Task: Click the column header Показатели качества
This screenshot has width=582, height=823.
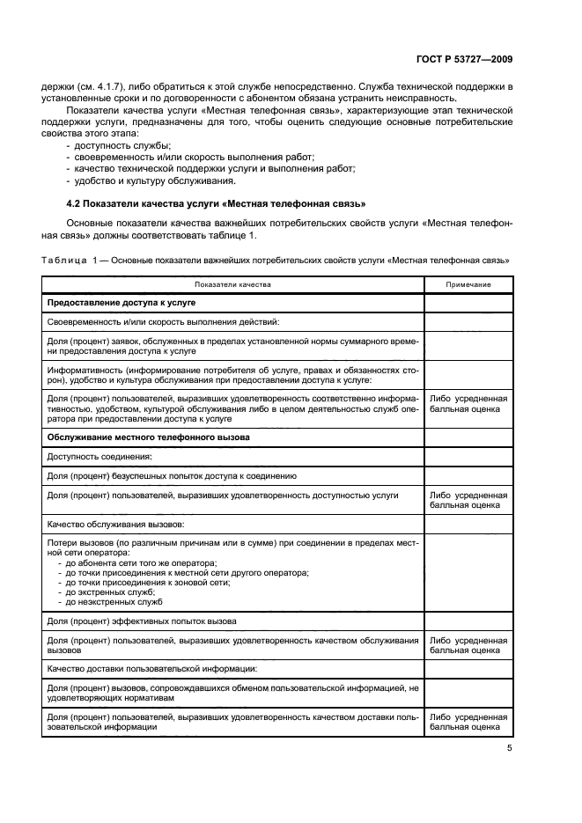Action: point(233,285)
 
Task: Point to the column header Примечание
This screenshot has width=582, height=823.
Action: point(468,285)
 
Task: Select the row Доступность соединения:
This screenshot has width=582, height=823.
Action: point(99,456)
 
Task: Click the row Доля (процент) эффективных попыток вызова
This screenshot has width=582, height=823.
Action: point(142,621)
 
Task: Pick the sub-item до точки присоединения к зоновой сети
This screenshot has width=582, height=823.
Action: point(146,582)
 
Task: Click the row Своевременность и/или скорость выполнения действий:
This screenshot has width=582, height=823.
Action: point(163,322)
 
